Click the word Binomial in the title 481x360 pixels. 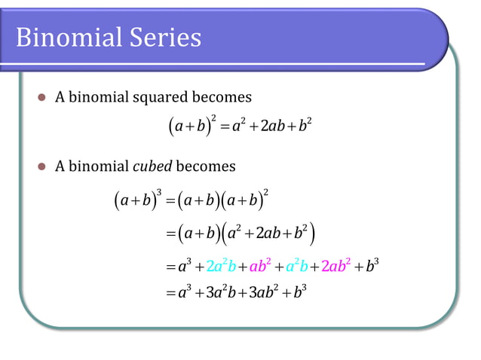tap(63, 37)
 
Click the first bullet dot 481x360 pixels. tap(42, 98)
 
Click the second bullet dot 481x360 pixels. tap(42, 166)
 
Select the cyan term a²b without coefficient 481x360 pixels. tap(299, 265)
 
